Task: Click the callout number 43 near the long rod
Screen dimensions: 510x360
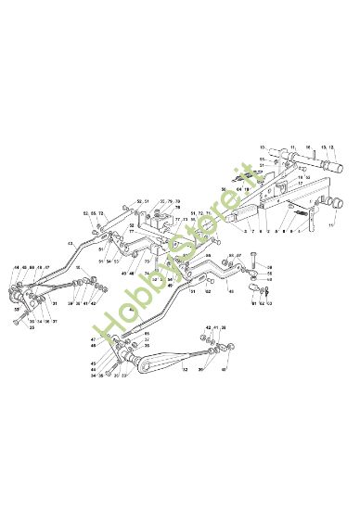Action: pos(70,243)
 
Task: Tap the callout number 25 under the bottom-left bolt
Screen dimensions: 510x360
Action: pos(32,327)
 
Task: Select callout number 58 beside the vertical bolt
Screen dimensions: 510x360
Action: pos(269,266)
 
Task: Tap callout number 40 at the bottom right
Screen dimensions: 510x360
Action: pos(223,370)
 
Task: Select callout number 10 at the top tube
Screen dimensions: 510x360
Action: pos(263,147)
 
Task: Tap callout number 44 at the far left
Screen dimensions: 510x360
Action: pos(17,269)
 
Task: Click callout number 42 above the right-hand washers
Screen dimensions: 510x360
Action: pos(208,328)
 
